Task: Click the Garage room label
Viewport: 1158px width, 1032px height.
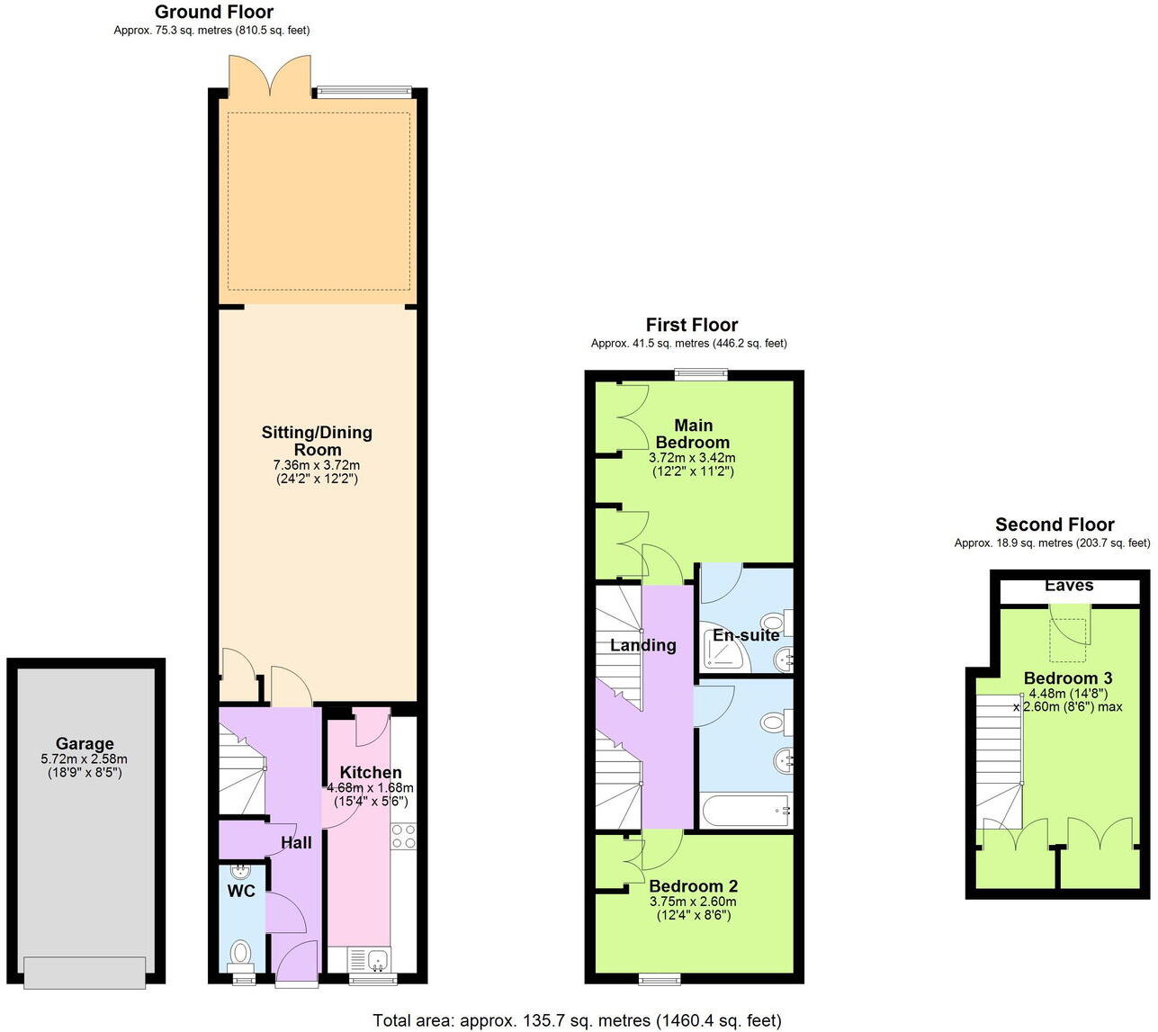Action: [85, 744]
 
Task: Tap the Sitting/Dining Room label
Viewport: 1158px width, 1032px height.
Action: [317, 441]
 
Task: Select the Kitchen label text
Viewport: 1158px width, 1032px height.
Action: [370, 772]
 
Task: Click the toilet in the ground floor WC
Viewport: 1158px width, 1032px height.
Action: [241, 951]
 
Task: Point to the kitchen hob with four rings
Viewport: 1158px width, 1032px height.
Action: [403, 837]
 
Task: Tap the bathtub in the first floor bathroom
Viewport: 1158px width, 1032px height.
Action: [745, 811]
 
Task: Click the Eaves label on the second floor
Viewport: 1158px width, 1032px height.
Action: [1069, 586]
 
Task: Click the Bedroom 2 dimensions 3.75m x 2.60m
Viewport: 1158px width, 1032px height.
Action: [693, 902]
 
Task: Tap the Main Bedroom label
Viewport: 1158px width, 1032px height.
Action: [693, 434]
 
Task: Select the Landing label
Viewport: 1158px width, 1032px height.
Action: [642, 645]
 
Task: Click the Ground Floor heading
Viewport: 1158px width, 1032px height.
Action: [214, 12]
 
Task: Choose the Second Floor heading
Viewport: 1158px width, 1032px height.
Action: [1055, 525]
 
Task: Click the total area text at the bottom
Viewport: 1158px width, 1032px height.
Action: [577, 1020]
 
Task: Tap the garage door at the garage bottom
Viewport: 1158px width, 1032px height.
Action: [85, 973]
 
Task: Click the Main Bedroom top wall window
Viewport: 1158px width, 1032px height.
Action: [703, 375]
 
